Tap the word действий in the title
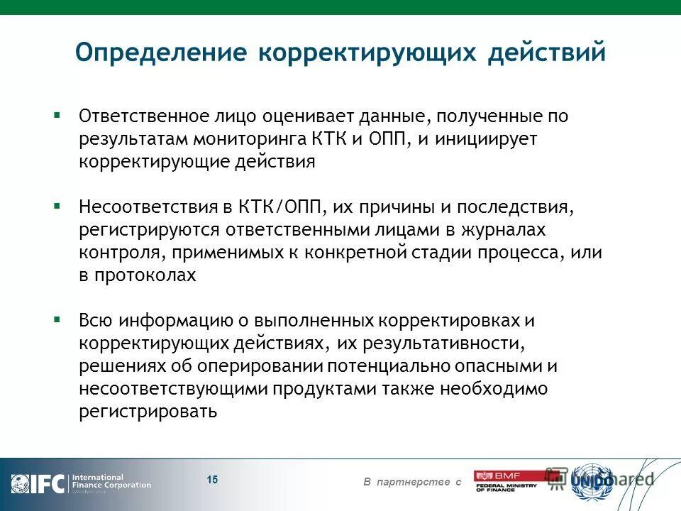(x=546, y=53)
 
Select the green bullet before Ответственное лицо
(x=57, y=114)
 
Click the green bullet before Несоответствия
(x=57, y=206)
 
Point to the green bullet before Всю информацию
(x=57, y=319)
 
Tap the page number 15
(x=212, y=480)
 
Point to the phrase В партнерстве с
(x=412, y=483)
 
